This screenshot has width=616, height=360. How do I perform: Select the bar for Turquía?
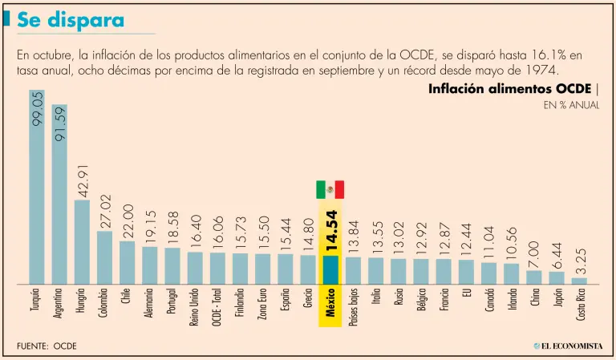point(37,188)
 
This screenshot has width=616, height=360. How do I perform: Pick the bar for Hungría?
point(82,241)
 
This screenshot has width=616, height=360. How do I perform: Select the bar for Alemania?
point(149,265)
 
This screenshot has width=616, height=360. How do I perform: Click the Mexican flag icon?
point(330,189)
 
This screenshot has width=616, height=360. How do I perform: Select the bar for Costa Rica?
point(579,281)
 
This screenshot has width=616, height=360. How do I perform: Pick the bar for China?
point(533,277)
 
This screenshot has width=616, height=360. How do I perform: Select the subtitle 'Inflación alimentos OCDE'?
point(509,89)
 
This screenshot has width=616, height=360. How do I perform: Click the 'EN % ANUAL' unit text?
point(571,106)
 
